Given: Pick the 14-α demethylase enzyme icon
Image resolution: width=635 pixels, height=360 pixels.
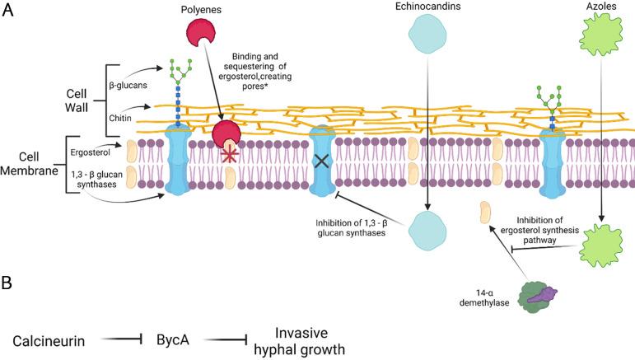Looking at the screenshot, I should click(x=535, y=296).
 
